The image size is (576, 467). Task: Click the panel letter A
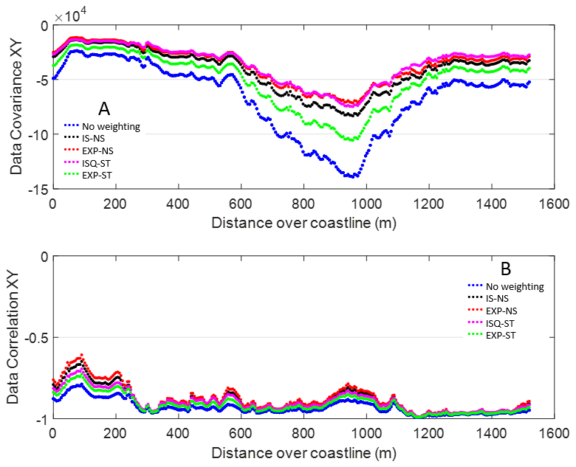(104, 109)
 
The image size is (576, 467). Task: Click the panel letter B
(506, 269)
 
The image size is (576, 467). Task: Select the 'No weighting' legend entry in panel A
(102, 126)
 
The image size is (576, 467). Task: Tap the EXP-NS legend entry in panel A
(89, 151)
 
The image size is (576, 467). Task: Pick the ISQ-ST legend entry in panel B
(491, 323)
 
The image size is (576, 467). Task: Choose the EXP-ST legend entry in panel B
(492, 336)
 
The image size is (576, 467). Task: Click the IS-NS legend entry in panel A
(84, 139)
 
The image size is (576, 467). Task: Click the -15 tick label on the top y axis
(38, 189)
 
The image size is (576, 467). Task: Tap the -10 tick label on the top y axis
(38, 134)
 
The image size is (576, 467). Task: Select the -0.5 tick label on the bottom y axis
(36, 337)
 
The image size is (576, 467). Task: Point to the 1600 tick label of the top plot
(554, 204)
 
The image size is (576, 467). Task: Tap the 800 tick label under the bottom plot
(304, 434)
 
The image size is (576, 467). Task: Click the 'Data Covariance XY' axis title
(16, 107)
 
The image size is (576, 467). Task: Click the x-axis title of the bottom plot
(304, 453)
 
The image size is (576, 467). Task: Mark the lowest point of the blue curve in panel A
(352, 177)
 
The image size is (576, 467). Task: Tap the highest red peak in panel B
(81, 355)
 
